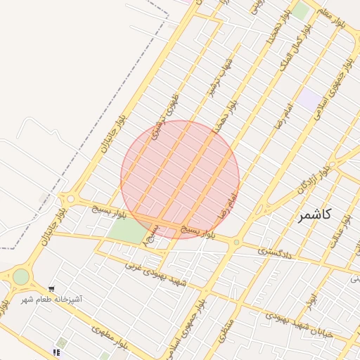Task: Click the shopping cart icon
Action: [x=51, y=289]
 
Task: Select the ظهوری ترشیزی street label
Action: [x=167, y=113]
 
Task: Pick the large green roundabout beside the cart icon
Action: [x=21, y=276]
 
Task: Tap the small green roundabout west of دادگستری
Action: [x=237, y=243]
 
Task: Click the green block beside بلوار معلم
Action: [x=300, y=11]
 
